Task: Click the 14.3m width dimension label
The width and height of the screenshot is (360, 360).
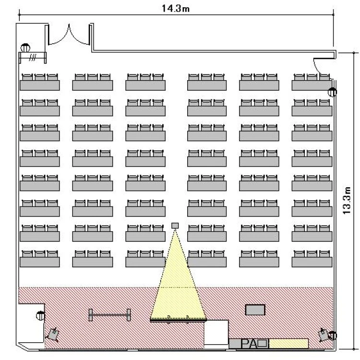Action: [176, 8]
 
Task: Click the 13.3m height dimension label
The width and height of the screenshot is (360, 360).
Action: [347, 201]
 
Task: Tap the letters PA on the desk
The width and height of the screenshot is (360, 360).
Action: [249, 344]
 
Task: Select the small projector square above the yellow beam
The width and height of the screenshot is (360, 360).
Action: [175, 226]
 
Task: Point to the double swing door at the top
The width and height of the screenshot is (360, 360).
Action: [69, 37]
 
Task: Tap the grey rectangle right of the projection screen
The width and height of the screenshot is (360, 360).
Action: [255, 310]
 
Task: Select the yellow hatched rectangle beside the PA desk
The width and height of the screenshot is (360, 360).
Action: [288, 344]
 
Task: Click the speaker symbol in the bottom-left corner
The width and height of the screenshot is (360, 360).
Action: [53, 335]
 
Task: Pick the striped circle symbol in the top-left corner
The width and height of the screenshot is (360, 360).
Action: [25, 48]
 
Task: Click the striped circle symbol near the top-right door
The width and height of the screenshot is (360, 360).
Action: [332, 92]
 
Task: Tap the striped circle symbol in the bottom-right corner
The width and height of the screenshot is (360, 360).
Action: [332, 336]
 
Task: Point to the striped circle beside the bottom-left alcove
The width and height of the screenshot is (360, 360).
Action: [41, 315]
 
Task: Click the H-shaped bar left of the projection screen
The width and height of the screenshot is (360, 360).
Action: [110, 315]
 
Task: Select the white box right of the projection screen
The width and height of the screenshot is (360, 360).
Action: [216, 332]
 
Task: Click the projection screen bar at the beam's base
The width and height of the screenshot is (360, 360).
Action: [179, 320]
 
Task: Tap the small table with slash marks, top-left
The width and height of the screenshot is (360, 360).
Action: [32, 58]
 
